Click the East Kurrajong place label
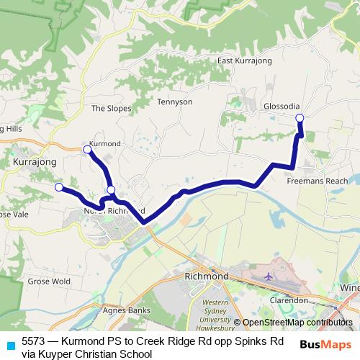point(244,61)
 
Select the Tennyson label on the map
point(176,102)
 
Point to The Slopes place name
point(111,109)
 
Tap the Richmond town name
point(206,276)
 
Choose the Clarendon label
point(288,299)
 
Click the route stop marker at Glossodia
point(300,118)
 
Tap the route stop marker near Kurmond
point(87,149)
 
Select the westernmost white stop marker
point(58,187)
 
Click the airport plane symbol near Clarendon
point(269,276)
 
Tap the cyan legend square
point(9,346)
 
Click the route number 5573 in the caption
point(34,341)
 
